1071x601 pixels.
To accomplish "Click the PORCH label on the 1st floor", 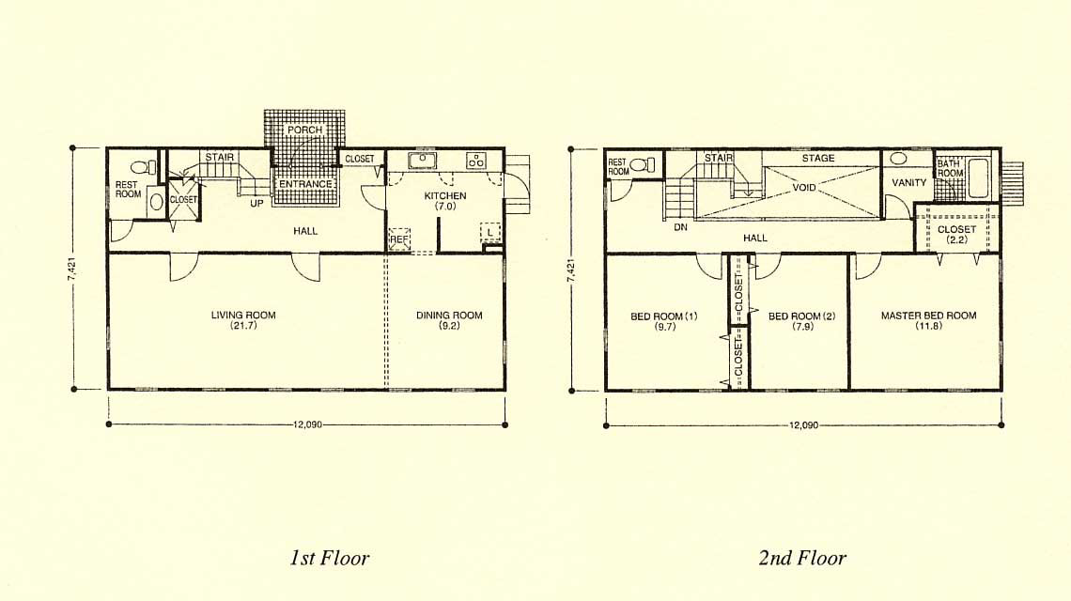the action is pyautogui.click(x=304, y=130).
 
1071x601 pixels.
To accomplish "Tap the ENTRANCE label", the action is pyautogui.click(x=305, y=184).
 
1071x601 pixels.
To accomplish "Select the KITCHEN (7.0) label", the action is pyautogui.click(x=445, y=201).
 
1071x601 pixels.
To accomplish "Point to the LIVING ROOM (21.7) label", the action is pyautogui.click(x=243, y=320).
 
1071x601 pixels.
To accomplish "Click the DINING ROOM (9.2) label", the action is pyautogui.click(x=449, y=320).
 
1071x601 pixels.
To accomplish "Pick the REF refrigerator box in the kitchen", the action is pyautogui.click(x=399, y=239).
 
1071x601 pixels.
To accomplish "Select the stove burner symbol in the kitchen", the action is pyautogui.click(x=476, y=161).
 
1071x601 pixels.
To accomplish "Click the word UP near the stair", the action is pyautogui.click(x=256, y=203).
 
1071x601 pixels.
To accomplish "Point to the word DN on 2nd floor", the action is pyautogui.click(x=680, y=226).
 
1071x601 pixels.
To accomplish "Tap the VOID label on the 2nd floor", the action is pyautogui.click(x=804, y=187).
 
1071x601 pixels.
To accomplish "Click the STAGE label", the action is pyautogui.click(x=818, y=158).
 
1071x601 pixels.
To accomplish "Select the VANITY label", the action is pyautogui.click(x=909, y=182).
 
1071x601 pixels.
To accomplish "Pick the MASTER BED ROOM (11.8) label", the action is pyautogui.click(x=929, y=320).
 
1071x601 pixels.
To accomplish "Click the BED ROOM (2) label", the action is pyautogui.click(x=802, y=321).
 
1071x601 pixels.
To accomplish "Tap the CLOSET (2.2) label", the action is pyautogui.click(x=957, y=234).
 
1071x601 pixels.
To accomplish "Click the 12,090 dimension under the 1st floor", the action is pyautogui.click(x=307, y=424).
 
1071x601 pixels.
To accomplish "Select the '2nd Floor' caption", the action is pyautogui.click(x=802, y=558).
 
